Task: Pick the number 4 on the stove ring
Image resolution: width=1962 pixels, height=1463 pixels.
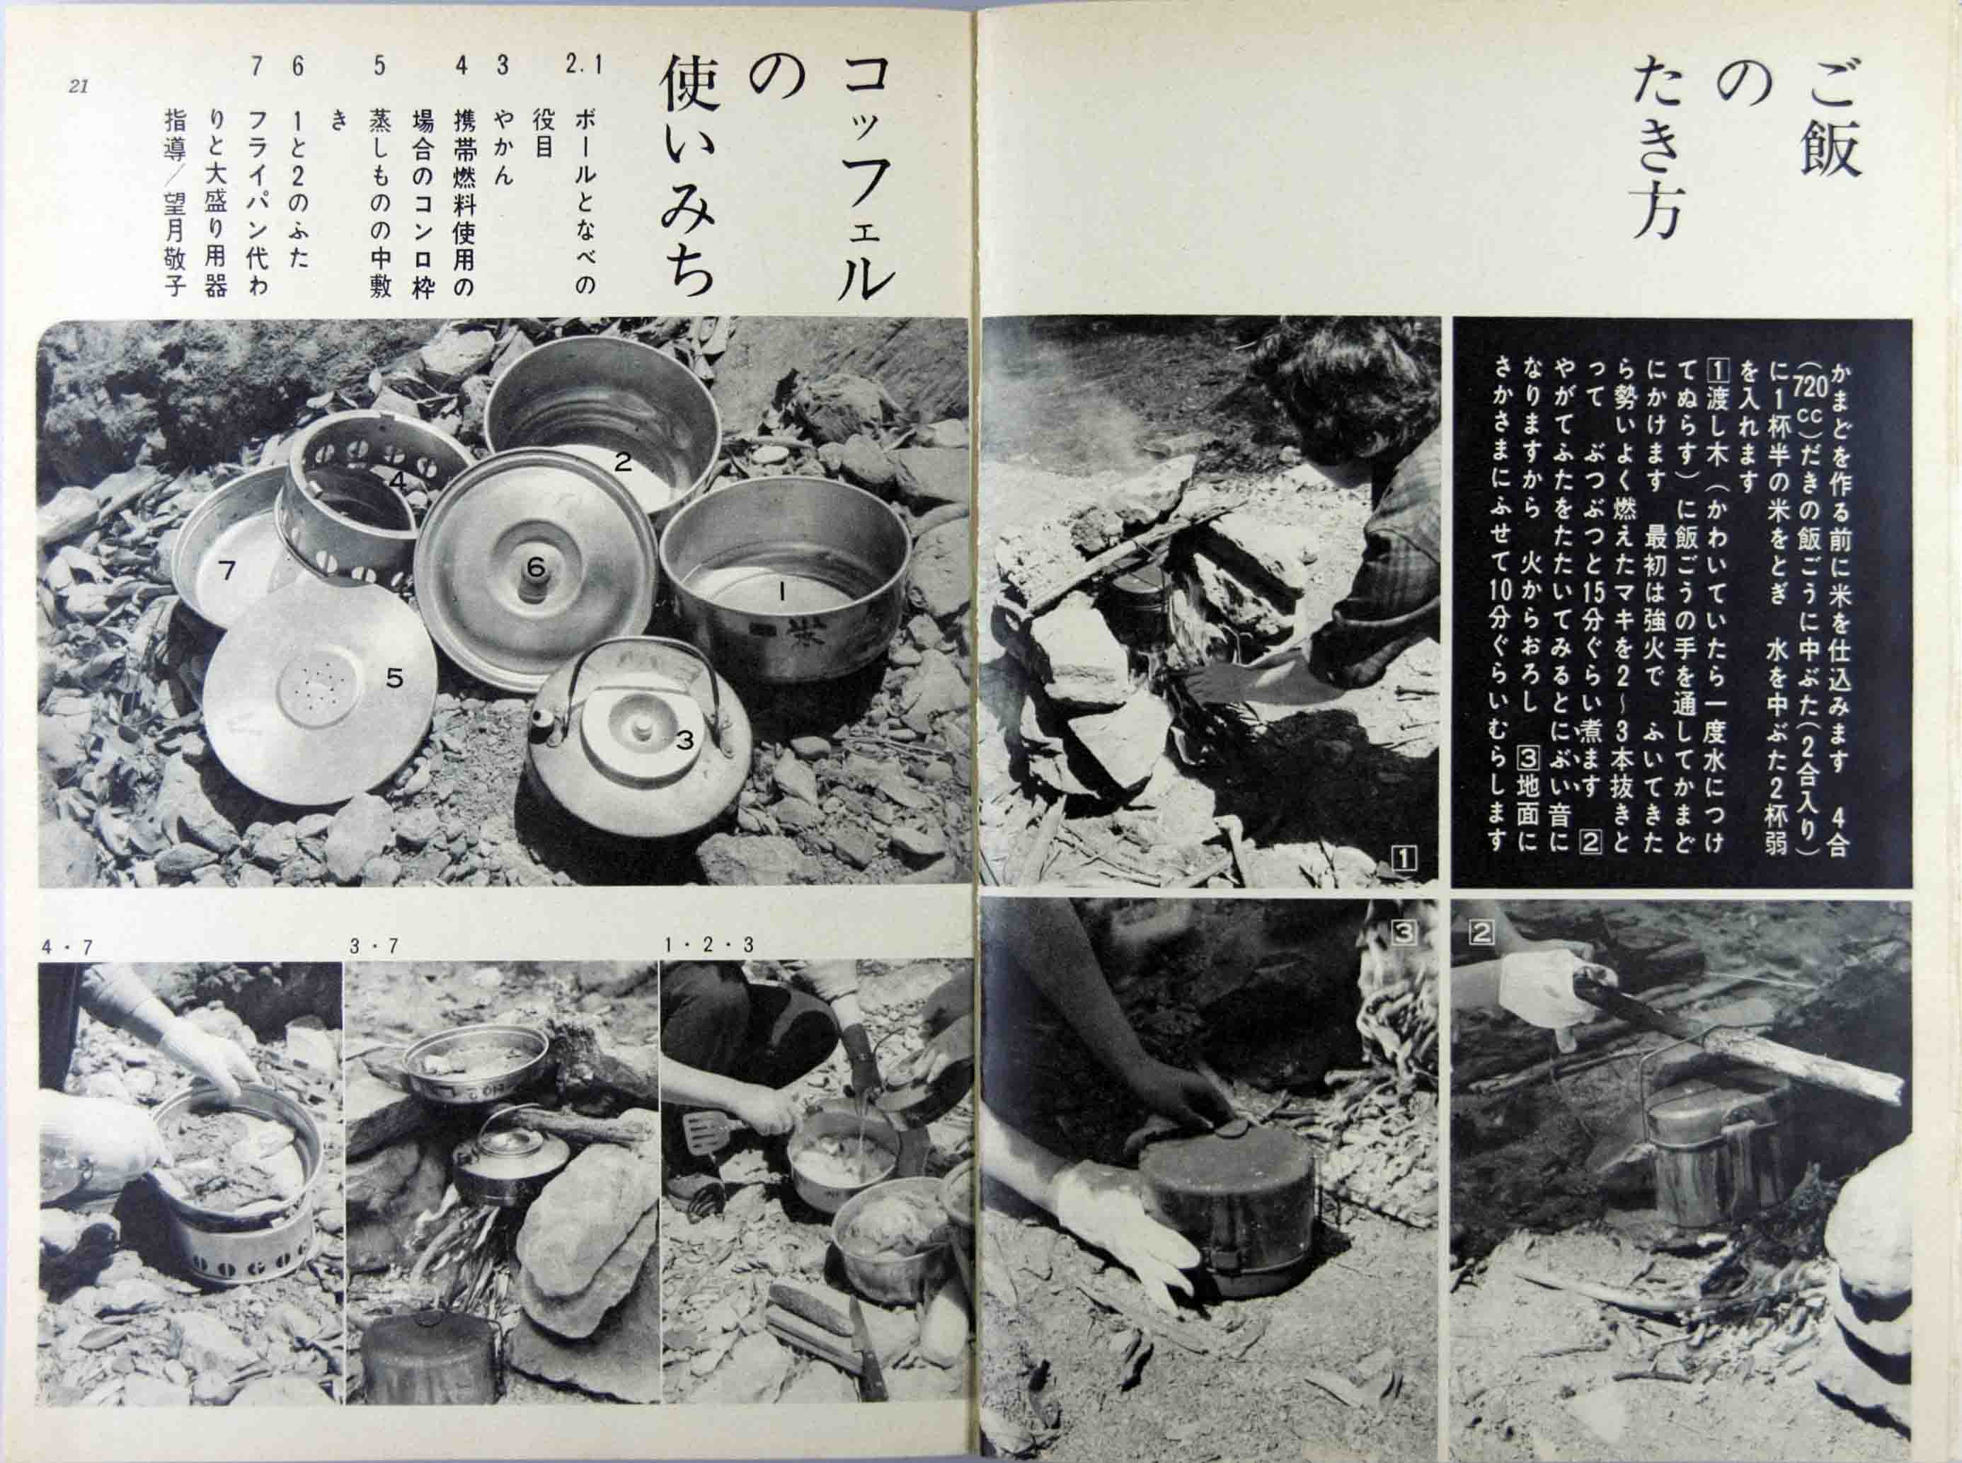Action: [x=398, y=481]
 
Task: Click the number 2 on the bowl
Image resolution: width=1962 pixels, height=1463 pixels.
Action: [x=624, y=461]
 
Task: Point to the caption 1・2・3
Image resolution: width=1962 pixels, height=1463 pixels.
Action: [x=708, y=946]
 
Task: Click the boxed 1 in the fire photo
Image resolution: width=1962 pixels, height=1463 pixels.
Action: [x=1406, y=858]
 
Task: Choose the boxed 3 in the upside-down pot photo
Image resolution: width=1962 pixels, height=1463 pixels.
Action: [x=1406, y=932]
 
